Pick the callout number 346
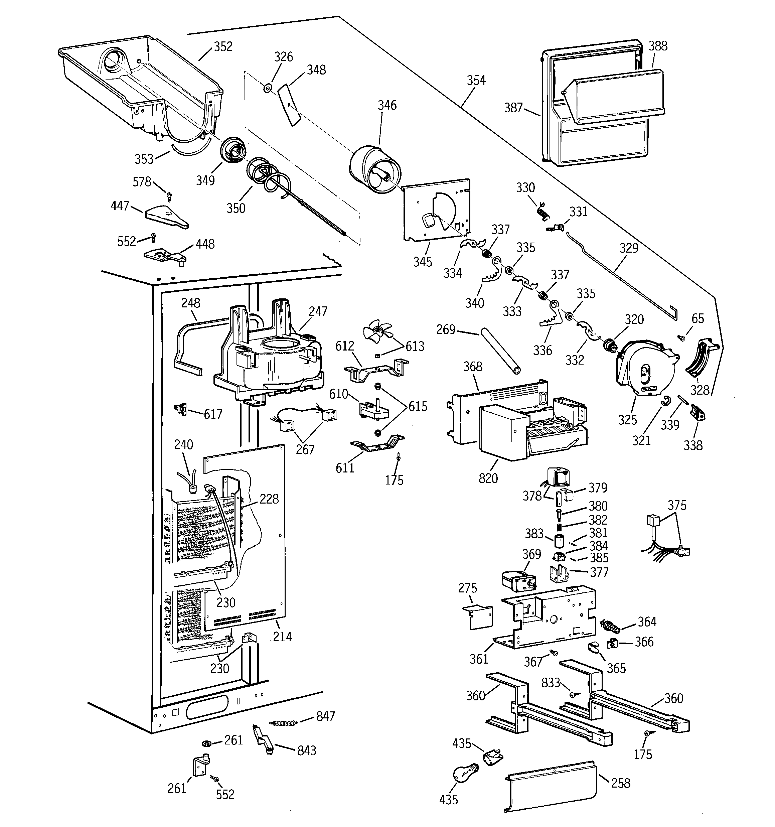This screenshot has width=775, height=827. [x=387, y=105]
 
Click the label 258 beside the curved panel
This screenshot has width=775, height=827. [x=621, y=783]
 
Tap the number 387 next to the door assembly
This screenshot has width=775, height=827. [x=513, y=108]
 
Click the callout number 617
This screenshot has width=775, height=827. [x=213, y=414]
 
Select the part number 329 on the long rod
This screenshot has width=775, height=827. [x=629, y=248]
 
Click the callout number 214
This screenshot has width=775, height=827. [x=283, y=636]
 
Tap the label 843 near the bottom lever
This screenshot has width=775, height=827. [x=306, y=750]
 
